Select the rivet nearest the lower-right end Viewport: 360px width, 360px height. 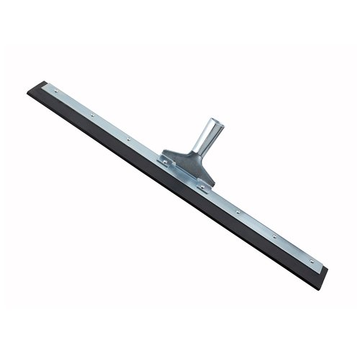pos(310,261)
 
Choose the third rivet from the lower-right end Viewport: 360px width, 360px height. pos(238,211)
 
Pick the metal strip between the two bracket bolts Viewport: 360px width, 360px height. pos(184,174)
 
